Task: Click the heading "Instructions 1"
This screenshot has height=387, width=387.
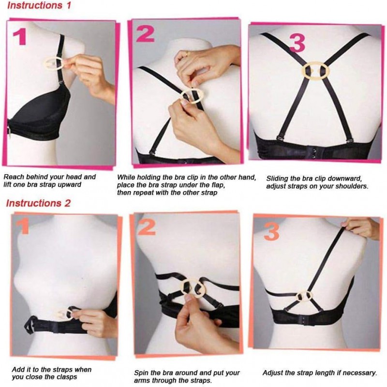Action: coord(39,5)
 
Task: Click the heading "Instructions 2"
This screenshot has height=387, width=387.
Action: coord(38,203)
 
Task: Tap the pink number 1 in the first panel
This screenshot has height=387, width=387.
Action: coord(20,37)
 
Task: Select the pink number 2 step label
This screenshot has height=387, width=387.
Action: coord(145,34)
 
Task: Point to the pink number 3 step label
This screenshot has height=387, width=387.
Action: coord(297,43)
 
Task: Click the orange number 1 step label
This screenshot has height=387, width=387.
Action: coord(23,226)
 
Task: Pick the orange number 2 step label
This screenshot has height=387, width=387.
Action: coord(147,227)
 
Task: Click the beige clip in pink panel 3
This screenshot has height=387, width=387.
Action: coord(316,71)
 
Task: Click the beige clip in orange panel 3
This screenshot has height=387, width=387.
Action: coord(304,296)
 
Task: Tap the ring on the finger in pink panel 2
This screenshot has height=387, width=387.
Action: coord(187,54)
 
